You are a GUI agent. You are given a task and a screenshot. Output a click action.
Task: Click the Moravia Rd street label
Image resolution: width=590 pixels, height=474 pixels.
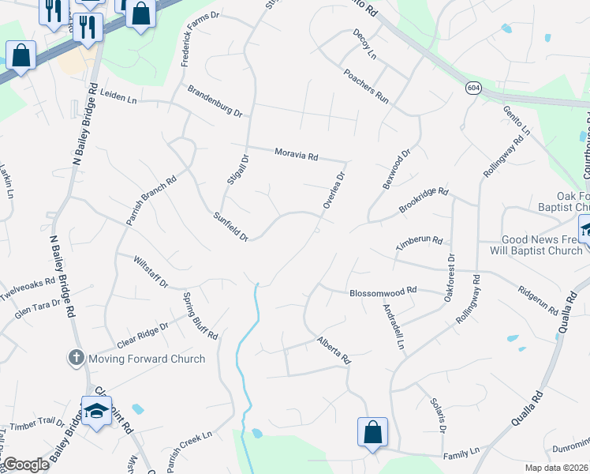pyautogui.click(x=296, y=155)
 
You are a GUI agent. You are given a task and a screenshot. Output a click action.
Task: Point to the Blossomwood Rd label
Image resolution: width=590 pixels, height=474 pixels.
pyautogui.click(x=383, y=292)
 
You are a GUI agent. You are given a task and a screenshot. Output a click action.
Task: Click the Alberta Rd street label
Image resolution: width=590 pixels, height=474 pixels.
pyautogui.click(x=334, y=349)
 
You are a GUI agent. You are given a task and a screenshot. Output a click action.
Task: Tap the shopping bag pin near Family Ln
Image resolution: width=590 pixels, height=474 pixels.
pyautogui.click(x=372, y=432)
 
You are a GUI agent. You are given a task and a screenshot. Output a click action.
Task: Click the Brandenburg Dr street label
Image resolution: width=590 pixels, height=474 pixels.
pyautogui.click(x=215, y=102)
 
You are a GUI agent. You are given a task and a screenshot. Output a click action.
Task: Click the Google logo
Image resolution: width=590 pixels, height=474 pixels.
pyautogui.click(x=26, y=465)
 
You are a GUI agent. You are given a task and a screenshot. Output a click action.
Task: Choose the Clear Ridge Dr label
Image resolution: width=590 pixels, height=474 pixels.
pyautogui.click(x=143, y=336)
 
